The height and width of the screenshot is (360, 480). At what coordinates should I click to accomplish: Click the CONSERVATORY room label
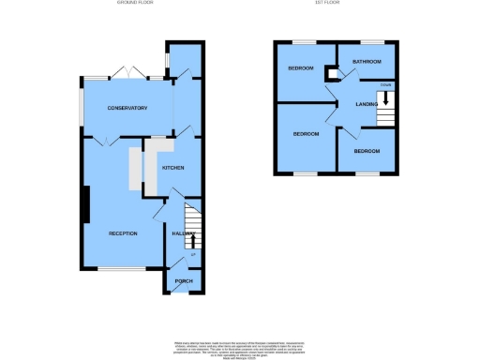pos(127,109)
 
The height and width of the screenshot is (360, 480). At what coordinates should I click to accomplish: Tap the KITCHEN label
pos(172,168)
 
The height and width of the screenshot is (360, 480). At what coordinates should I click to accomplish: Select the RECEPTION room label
pos(123,232)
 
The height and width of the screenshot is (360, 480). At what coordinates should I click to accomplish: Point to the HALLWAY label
pos(182,233)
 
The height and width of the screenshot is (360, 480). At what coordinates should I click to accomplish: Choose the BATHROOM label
pos(367,62)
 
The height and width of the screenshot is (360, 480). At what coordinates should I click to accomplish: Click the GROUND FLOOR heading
pos(135,4)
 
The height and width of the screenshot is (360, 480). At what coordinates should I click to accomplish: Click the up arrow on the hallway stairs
pos(193,239)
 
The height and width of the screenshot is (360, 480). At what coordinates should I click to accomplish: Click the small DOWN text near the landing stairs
pos(385,85)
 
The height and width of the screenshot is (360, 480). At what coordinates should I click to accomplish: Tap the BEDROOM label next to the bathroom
pos(300,68)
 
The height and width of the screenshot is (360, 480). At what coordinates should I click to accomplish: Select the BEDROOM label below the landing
pos(367,151)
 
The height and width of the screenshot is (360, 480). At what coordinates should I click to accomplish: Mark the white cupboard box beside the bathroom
pos(331,74)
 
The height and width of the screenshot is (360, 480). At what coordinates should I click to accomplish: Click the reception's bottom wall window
pos(122,270)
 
